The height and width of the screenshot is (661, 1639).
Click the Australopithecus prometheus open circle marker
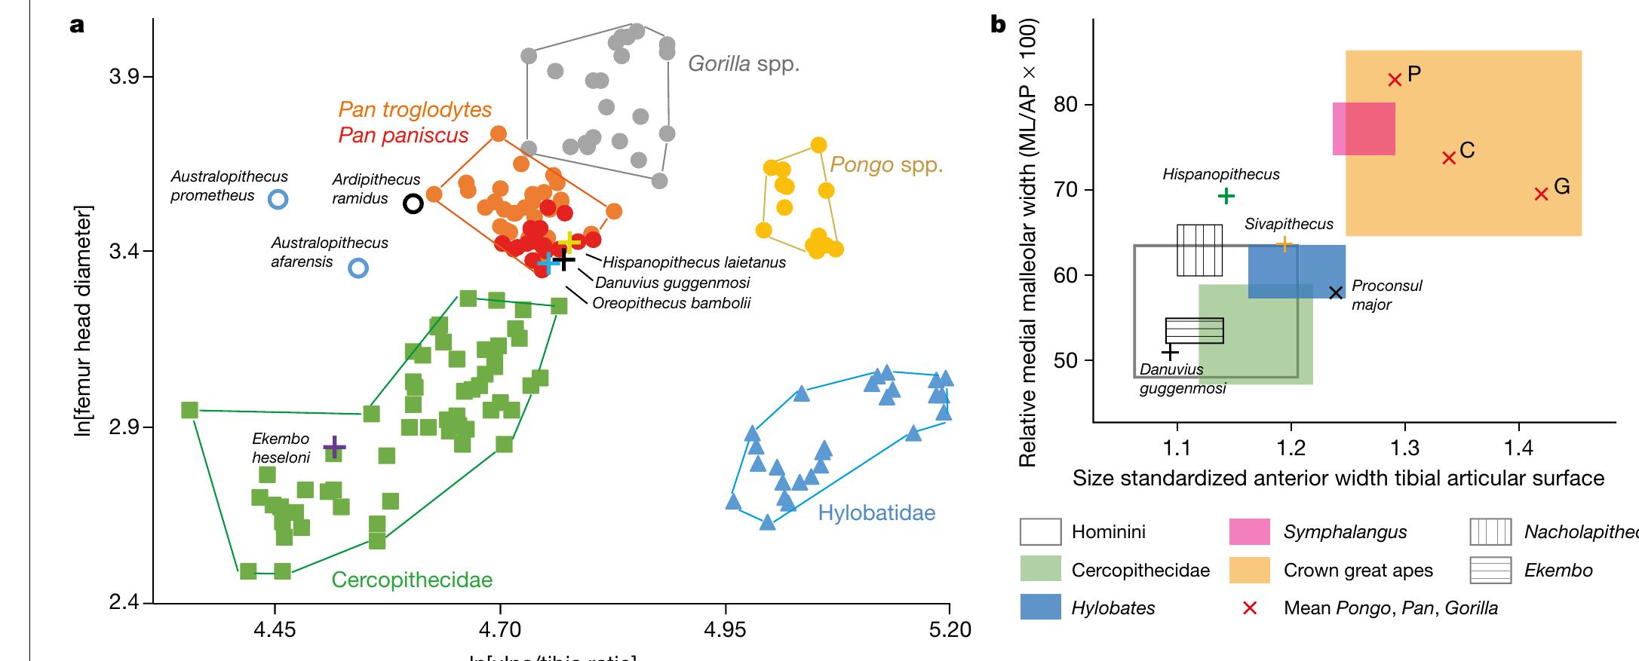tap(278, 199)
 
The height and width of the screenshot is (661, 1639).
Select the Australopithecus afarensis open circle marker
tap(359, 268)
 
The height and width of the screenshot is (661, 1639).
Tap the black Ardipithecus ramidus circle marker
tap(413, 204)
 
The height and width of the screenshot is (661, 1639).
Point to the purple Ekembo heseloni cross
tap(334, 448)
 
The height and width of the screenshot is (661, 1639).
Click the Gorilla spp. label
tap(744, 64)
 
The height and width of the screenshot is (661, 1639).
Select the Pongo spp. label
tap(886, 164)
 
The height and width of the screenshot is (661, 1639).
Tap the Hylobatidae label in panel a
tap(876, 513)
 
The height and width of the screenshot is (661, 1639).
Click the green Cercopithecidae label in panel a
tap(412, 580)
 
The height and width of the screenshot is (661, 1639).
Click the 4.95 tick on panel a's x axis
tap(725, 629)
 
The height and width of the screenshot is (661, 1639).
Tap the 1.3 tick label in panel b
tap(1404, 448)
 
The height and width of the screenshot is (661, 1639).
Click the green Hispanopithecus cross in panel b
tap(1226, 197)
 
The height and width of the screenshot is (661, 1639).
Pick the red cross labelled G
tap(1541, 194)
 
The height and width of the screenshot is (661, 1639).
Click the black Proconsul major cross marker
tap(1336, 292)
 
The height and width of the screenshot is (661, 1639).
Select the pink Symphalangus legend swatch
tap(1250, 532)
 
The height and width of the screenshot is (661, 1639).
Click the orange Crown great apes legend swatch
tap(1250, 570)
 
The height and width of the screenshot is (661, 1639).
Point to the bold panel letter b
tap(998, 25)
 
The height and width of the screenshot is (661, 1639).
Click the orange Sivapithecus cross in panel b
tap(1284, 244)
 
